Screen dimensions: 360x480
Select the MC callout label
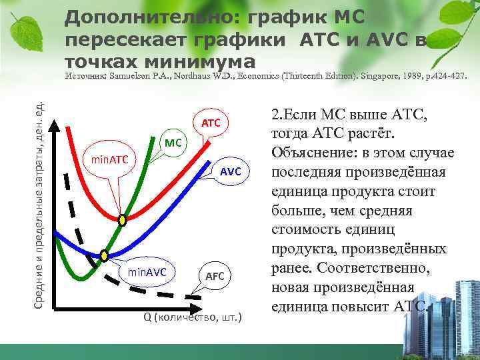click(173, 142)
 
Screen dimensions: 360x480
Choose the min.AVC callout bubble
click(147, 271)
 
